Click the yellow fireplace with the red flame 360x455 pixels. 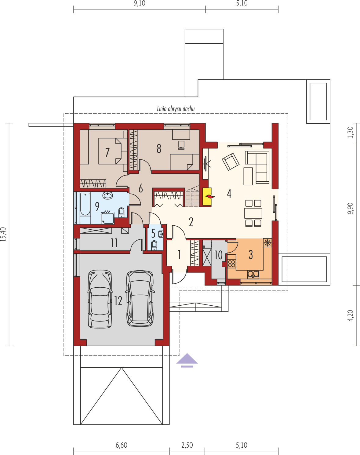tap(207, 196)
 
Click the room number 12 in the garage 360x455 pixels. tap(118, 301)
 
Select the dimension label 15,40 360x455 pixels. tap(3, 234)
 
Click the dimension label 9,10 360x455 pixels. tap(140, 3)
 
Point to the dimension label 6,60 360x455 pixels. tap(122, 445)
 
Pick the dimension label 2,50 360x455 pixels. tap(187, 445)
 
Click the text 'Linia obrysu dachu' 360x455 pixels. tap(176, 109)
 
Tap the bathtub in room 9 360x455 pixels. tap(85, 204)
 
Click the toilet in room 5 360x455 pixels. tap(154, 245)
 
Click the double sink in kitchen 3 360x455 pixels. tap(253, 274)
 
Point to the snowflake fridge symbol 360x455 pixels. tap(267, 243)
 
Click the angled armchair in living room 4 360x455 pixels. tap(231, 162)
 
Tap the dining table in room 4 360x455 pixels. tap(253, 213)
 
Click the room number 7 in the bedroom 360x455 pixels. tap(107, 152)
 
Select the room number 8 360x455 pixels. tap(159, 149)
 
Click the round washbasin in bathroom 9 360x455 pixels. tap(107, 195)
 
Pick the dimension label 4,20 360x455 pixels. tap(350, 316)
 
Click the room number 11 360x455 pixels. tap(114, 243)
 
